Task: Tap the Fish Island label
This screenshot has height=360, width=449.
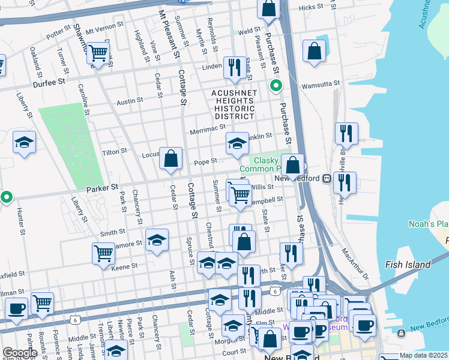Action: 408,265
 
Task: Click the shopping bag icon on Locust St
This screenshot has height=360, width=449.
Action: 171,158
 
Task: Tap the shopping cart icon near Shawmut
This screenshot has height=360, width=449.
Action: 97,53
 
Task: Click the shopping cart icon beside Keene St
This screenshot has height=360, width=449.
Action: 103,253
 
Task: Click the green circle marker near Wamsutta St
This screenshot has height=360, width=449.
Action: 276,86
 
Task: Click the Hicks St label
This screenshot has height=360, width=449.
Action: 310,7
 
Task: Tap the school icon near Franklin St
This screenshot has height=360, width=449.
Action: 237,143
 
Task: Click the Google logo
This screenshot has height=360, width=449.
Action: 19,353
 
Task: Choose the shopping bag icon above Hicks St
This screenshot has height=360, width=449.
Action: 268,8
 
